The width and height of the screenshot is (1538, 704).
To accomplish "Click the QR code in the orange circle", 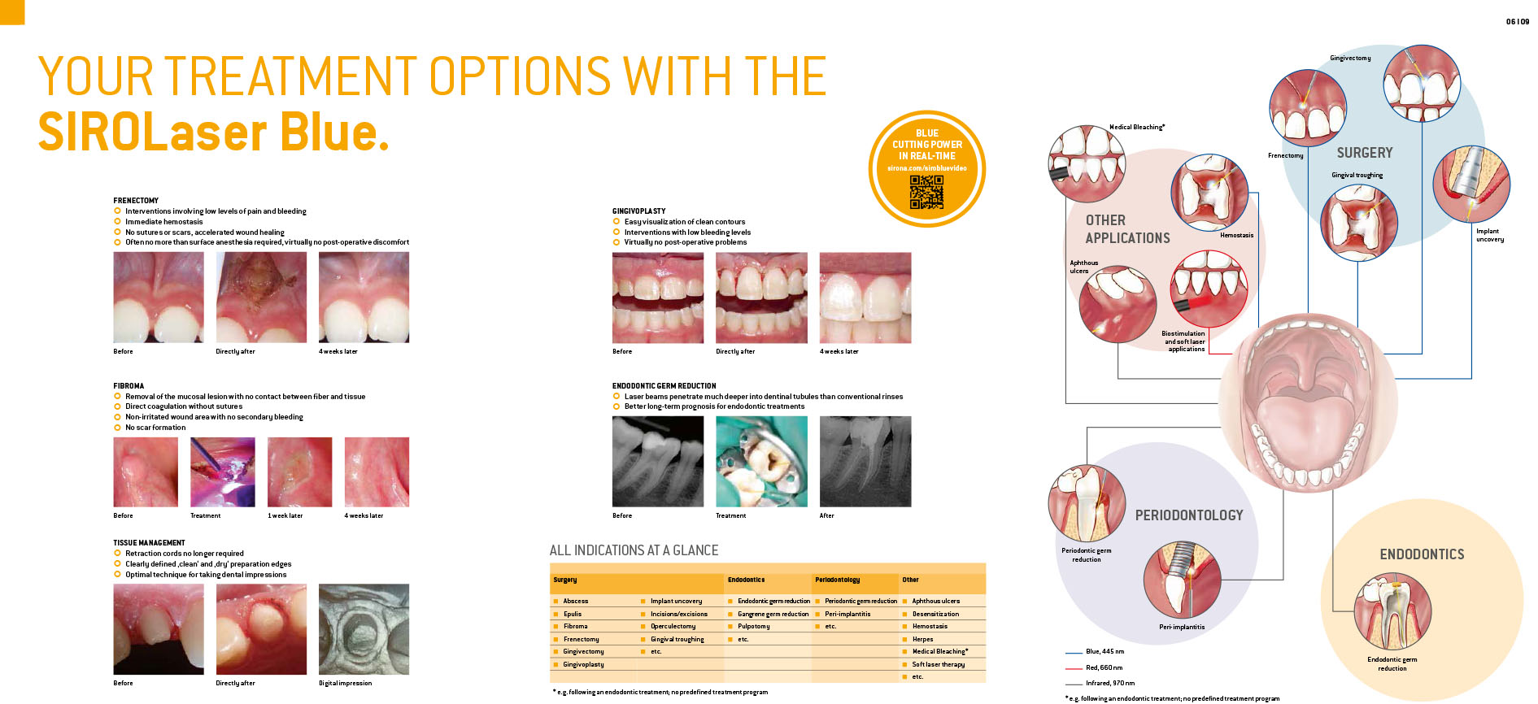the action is pyautogui.click(x=926, y=192).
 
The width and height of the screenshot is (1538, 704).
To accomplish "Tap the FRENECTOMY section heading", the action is pyautogui.click(x=136, y=200).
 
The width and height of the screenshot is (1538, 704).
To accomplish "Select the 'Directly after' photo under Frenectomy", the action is pyautogui.click(x=261, y=297).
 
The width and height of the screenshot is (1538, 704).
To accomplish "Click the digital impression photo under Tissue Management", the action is pyautogui.click(x=364, y=629).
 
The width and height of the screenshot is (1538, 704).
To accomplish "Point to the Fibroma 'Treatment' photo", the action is pyautogui.click(x=222, y=472).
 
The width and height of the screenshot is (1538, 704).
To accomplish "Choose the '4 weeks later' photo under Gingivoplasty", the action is pyautogui.click(x=865, y=298).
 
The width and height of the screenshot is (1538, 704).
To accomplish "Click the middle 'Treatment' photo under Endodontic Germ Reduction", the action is pyautogui.click(x=761, y=462).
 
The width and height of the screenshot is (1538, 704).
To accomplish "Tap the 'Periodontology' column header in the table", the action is pyautogui.click(x=837, y=580).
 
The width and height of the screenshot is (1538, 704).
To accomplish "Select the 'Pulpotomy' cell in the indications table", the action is pyautogui.click(x=753, y=626).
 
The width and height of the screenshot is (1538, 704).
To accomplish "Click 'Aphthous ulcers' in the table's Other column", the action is pyautogui.click(x=935, y=601).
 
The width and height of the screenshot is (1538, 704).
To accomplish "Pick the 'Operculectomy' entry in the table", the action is pyautogui.click(x=673, y=626).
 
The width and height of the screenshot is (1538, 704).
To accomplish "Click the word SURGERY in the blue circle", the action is pyautogui.click(x=1365, y=153).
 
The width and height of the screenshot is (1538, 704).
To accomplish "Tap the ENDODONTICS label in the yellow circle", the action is pyautogui.click(x=1422, y=554).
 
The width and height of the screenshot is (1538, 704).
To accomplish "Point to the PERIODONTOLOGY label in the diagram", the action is pyautogui.click(x=1189, y=515).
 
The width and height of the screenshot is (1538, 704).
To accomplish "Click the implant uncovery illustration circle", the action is pyautogui.click(x=1471, y=184).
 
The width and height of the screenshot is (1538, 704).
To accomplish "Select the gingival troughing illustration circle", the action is pyautogui.click(x=1358, y=223).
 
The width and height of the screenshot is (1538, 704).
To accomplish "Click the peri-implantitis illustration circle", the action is pyautogui.click(x=1182, y=580).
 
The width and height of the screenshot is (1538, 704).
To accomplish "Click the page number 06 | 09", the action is pyautogui.click(x=1518, y=22).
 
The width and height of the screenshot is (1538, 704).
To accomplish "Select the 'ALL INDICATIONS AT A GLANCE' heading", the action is pyautogui.click(x=634, y=550).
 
